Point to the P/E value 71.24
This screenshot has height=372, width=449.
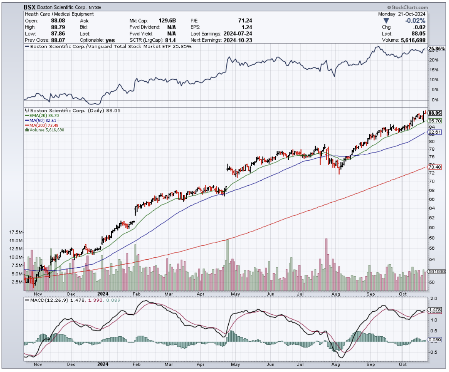[x=245, y=20]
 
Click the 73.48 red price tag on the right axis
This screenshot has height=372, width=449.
[x=434, y=167]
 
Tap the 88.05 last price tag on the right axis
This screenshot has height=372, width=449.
[x=434, y=113]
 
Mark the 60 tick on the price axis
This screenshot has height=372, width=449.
[x=432, y=228]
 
